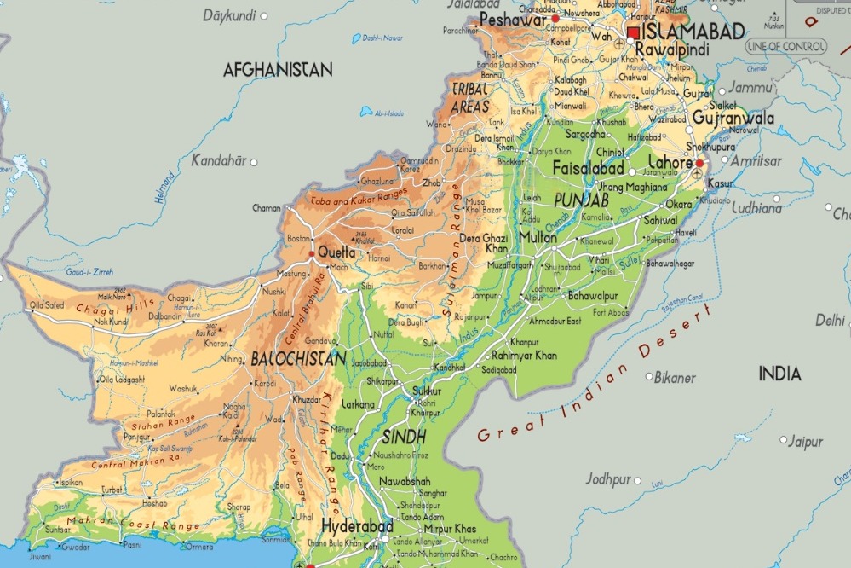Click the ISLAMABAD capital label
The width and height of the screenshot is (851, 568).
pyautogui.click(x=693, y=32)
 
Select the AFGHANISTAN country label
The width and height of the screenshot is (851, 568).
pyautogui.click(x=278, y=70)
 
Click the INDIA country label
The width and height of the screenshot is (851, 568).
pyautogui.click(x=780, y=374)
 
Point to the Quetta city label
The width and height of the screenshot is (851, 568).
pyautogui.click(x=336, y=252)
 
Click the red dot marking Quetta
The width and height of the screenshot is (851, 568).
pyautogui.click(x=313, y=252)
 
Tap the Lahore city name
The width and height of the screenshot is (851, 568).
pyautogui.click(x=671, y=162)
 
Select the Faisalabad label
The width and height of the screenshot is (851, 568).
pyautogui.click(x=589, y=168)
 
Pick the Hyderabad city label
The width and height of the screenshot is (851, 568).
pyautogui.click(x=357, y=525)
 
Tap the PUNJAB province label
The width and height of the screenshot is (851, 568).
pyautogui.click(x=581, y=200)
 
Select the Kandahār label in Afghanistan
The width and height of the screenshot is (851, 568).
pyautogui.click(x=219, y=160)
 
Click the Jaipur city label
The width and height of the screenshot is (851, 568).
pyautogui.click(x=805, y=442)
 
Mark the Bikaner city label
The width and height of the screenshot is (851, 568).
pyautogui.click(x=675, y=377)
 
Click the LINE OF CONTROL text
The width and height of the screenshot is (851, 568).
pyautogui.click(x=785, y=45)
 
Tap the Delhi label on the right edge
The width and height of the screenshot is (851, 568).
pyautogui.click(x=829, y=321)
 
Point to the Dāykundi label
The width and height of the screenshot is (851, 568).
pyautogui.click(x=230, y=15)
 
